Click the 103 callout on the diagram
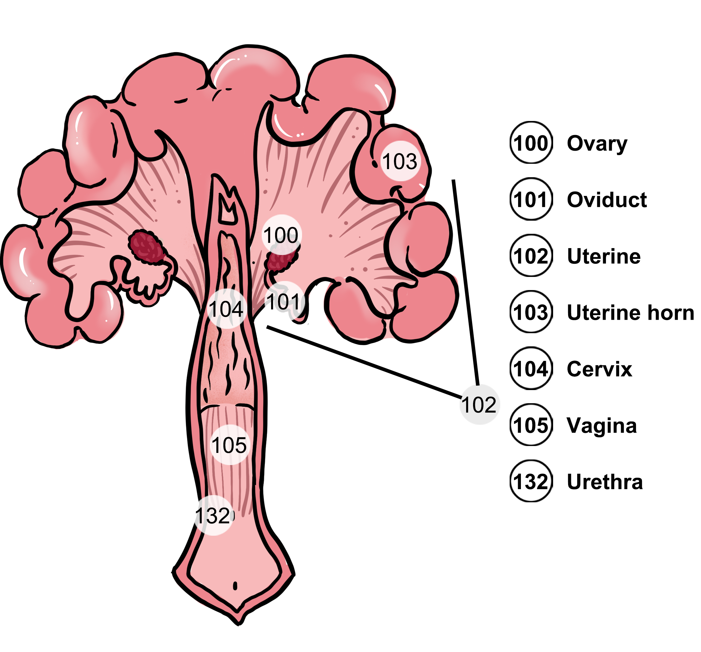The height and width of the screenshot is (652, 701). [400, 161]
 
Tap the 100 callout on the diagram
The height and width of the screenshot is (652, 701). [281, 235]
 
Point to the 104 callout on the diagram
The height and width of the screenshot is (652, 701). [226, 309]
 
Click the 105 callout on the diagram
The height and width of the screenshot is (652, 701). [229, 445]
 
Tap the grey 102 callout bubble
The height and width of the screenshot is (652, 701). [479, 404]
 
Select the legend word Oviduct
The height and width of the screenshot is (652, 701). [607, 199]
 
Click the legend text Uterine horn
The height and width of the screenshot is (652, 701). [630, 312]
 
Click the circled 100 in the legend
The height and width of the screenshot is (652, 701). [531, 143]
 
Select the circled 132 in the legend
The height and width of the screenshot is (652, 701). [531, 481]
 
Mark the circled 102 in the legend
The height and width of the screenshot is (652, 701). [531, 255]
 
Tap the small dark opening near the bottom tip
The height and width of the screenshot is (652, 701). [235, 586]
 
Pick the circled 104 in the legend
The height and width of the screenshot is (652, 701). [531, 369]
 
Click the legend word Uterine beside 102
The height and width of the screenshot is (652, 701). [604, 256]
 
